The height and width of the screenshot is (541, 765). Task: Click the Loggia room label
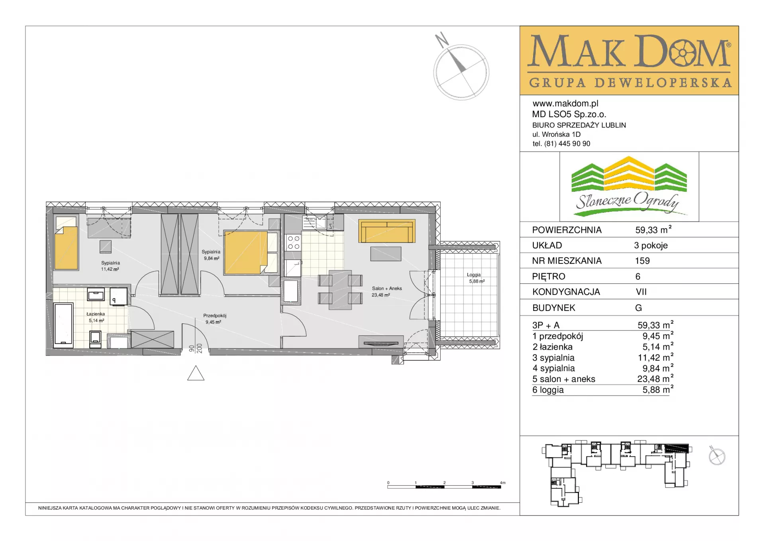click(474, 275)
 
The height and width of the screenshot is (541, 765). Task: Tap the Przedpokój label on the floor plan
click(215, 316)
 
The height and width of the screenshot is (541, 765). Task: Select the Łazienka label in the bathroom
click(96, 314)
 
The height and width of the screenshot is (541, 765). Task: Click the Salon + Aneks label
click(387, 289)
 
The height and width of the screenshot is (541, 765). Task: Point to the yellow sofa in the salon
click(387, 231)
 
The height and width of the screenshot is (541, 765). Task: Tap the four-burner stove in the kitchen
click(294, 242)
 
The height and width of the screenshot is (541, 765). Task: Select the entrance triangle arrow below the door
click(196, 373)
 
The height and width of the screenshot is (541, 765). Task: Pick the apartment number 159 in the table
click(642, 261)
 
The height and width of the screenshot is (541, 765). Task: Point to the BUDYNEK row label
click(554, 308)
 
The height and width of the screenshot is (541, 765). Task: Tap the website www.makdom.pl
click(565, 104)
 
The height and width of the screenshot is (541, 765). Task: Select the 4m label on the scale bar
click(503, 483)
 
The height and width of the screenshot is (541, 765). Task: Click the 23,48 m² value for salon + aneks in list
click(655, 379)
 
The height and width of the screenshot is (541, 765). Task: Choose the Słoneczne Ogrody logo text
click(627, 201)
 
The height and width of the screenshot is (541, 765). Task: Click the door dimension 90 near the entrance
click(192, 349)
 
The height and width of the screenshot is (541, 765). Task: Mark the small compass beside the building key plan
click(717, 456)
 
